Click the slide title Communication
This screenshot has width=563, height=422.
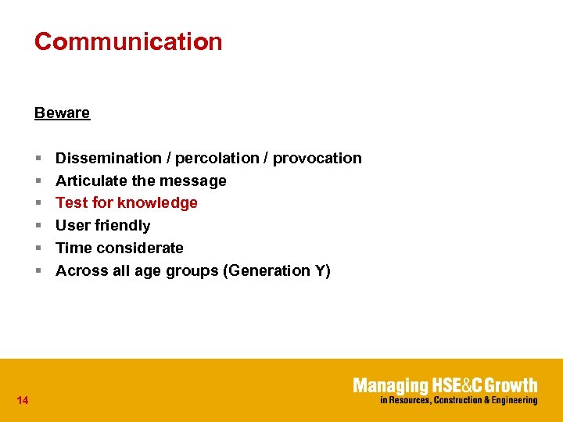[x=128, y=41]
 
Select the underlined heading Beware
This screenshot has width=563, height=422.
[x=62, y=113]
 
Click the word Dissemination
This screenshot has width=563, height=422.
[x=108, y=158]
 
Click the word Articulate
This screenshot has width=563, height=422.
[x=91, y=181]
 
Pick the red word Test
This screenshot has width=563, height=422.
[x=71, y=203]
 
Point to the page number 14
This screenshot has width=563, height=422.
[x=22, y=401]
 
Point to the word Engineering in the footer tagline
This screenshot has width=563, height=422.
[x=512, y=401]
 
